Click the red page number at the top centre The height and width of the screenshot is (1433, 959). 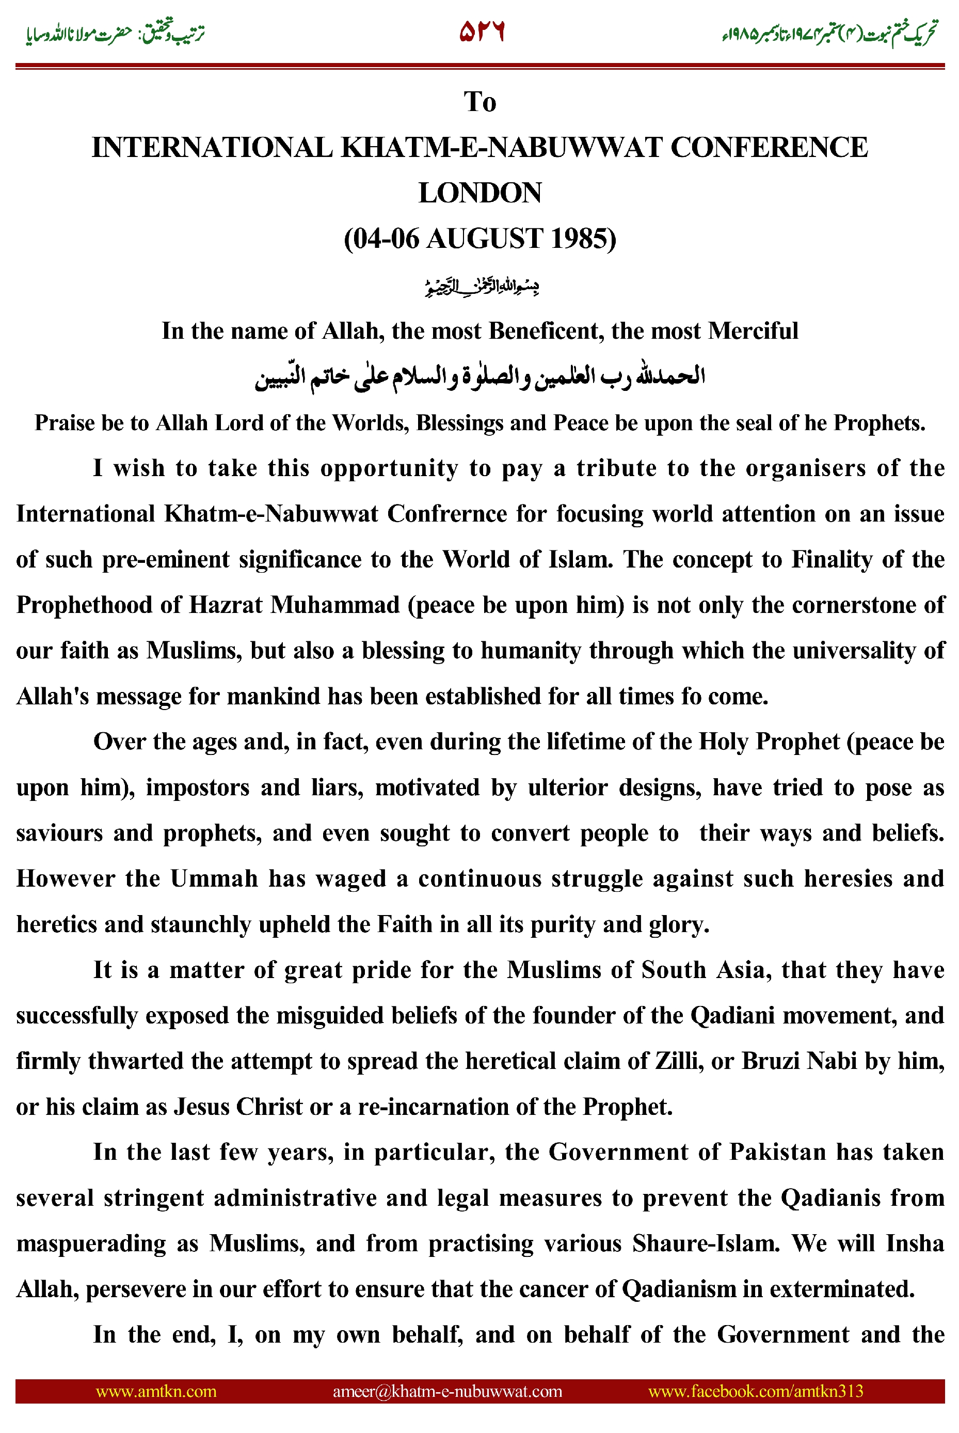[482, 32]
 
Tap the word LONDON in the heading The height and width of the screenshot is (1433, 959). [479, 193]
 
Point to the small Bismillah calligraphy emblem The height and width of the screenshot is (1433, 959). [482, 286]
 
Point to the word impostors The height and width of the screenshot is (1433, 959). [198, 788]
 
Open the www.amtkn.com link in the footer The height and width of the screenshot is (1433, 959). [156, 1391]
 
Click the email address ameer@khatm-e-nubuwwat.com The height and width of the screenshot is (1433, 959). [447, 1391]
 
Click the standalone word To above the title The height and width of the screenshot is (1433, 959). [479, 102]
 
